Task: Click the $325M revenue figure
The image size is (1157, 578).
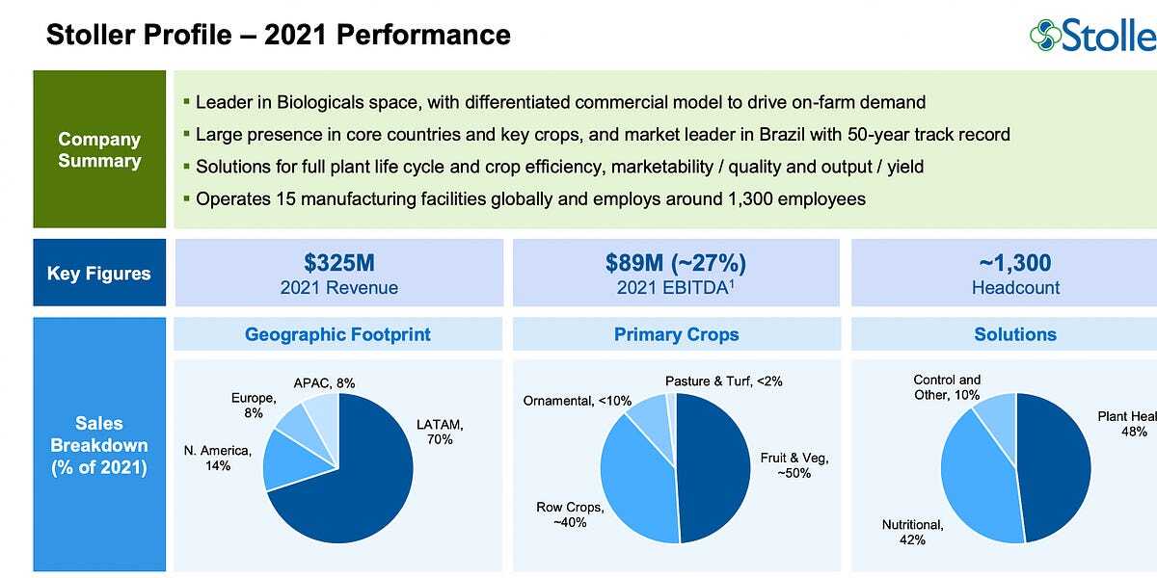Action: (338, 263)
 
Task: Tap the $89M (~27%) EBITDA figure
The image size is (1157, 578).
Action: (676, 263)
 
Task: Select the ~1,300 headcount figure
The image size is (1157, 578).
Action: (1015, 263)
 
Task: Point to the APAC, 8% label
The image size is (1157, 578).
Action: (324, 382)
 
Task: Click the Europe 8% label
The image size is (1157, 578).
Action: (254, 405)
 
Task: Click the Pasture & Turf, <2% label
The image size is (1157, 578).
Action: (723, 381)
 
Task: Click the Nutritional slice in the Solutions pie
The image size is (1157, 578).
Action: (974, 482)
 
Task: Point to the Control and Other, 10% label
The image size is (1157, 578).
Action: (947, 387)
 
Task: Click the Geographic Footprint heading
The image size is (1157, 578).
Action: (337, 334)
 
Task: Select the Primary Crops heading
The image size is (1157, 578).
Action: (676, 334)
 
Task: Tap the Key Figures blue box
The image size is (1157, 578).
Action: (98, 274)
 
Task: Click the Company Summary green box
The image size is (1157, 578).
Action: (98, 149)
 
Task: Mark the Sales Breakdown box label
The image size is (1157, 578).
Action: (98, 445)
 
